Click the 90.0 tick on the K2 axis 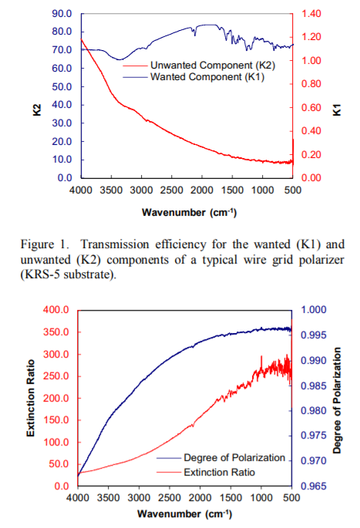click(62, 14)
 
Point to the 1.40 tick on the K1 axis click(311, 14)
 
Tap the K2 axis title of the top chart click(37, 109)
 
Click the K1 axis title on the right click(337, 109)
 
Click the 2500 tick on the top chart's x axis click(171, 190)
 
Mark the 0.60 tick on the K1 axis click(311, 107)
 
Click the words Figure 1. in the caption click(45, 244)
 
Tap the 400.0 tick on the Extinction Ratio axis click(56, 310)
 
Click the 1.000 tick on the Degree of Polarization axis click(314, 310)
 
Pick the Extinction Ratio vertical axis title click(31, 399)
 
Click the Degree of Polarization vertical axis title click(337, 400)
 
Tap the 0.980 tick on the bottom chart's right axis click(314, 411)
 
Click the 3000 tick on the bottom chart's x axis click(139, 498)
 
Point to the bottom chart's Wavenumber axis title click(184, 514)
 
